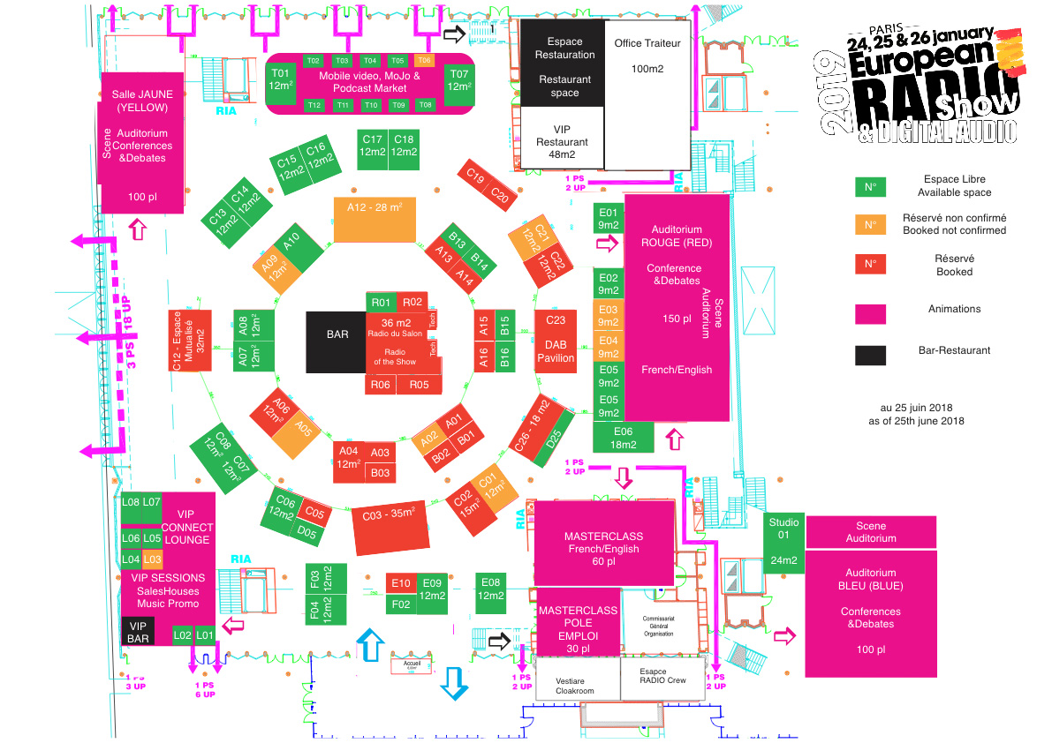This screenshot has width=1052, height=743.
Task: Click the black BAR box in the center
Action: [336, 341]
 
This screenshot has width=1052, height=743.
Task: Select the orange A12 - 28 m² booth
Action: [375, 219]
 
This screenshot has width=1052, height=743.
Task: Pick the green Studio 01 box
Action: [783, 543]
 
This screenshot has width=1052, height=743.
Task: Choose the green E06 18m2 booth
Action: [623, 437]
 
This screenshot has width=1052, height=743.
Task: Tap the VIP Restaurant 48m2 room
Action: [561, 137]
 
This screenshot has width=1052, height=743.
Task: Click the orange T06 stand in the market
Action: [425, 60]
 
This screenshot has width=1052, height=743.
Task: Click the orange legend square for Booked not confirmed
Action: [870, 224]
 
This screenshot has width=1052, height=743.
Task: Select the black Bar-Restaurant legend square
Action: [870, 355]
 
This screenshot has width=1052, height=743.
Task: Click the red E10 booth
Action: [401, 583]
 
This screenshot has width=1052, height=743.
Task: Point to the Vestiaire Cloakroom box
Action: [574, 686]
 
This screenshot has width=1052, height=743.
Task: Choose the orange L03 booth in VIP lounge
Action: [152, 559]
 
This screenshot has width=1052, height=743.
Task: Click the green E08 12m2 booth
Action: [491, 589]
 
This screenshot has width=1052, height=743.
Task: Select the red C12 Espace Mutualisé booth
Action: [190, 340]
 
